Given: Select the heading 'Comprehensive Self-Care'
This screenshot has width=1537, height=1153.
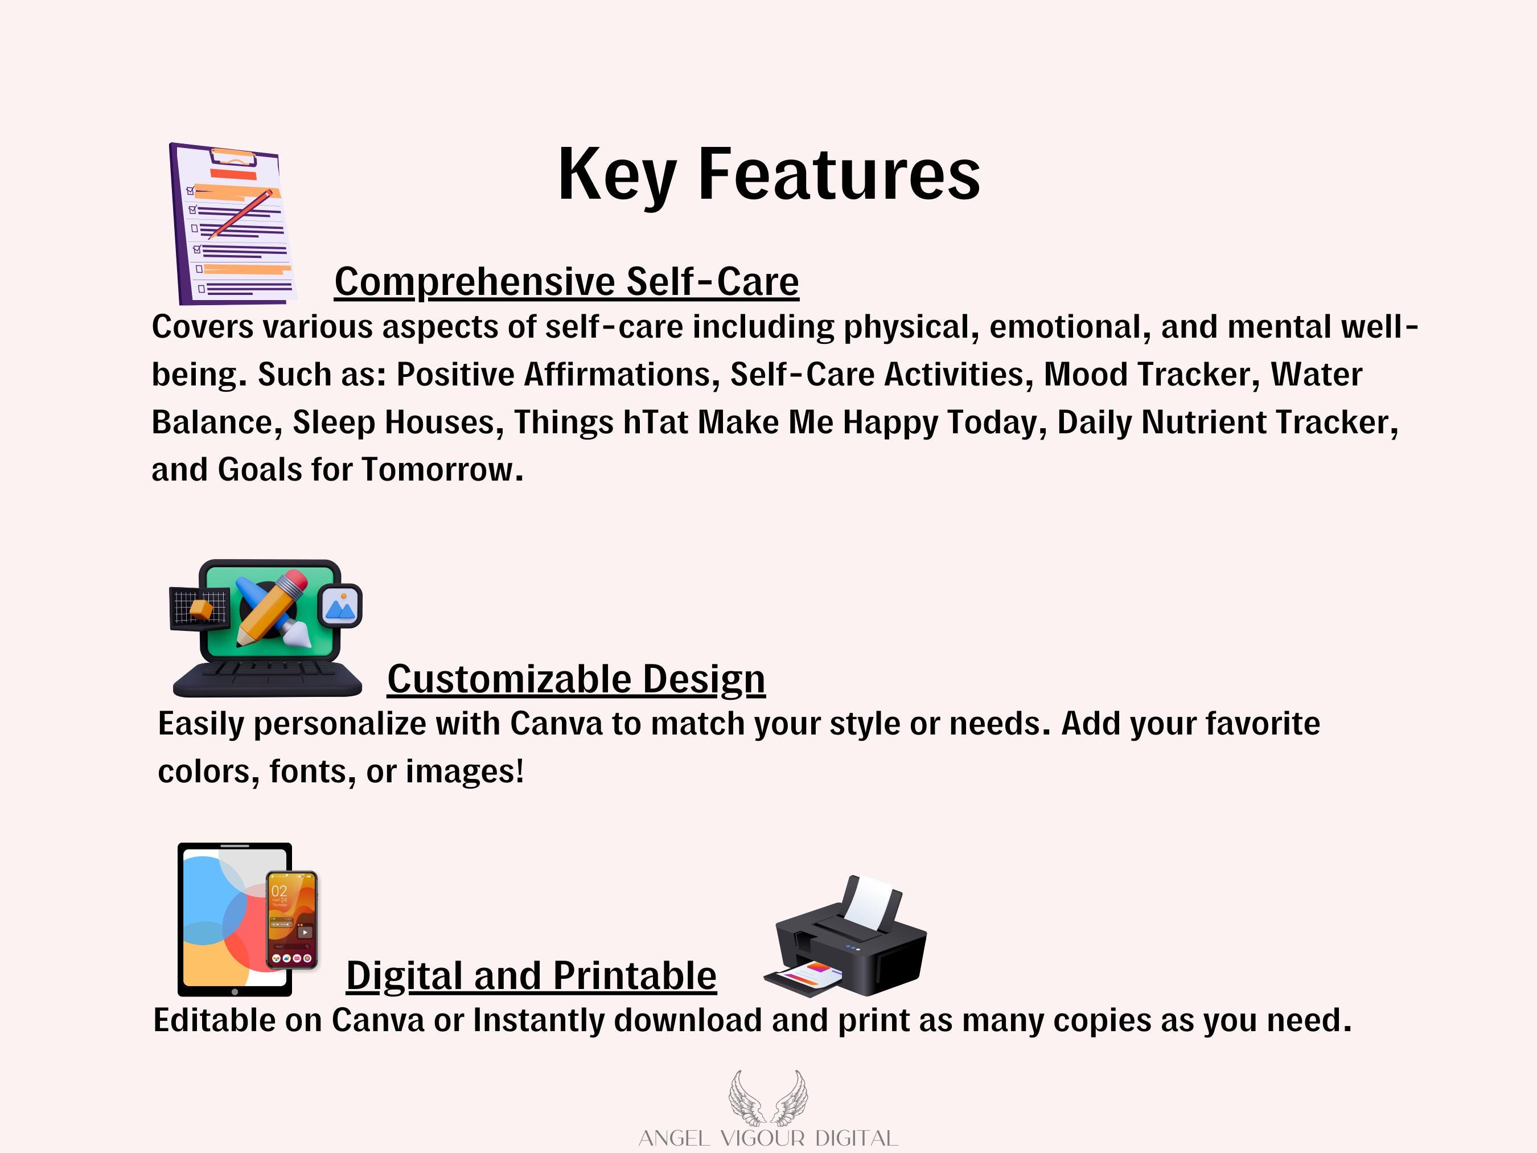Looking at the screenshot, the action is pyautogui.click(x=566, y=281).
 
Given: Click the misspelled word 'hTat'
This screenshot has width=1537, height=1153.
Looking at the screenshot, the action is pyautogui.click(x=655, y=422).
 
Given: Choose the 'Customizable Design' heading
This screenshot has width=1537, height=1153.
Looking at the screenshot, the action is pyautogui.click(x=576, y=679).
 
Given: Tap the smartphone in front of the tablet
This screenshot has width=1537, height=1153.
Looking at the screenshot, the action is pyautogui.click(x=293, y=920).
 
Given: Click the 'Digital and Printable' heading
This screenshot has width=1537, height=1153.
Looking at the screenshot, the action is pyautogui.click(x=531, y=975).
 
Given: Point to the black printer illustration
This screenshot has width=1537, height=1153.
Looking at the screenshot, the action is pyautogui.click(x=845, y=936).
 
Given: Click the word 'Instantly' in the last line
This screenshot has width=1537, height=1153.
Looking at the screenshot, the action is pyautogui.click(x=539, y=1020).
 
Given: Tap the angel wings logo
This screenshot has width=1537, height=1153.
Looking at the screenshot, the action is pyautogui.click(x=768, y=1097).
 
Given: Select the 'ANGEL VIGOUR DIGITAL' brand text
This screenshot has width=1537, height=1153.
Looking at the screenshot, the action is pyautogui.click(x=768, y=1138).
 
